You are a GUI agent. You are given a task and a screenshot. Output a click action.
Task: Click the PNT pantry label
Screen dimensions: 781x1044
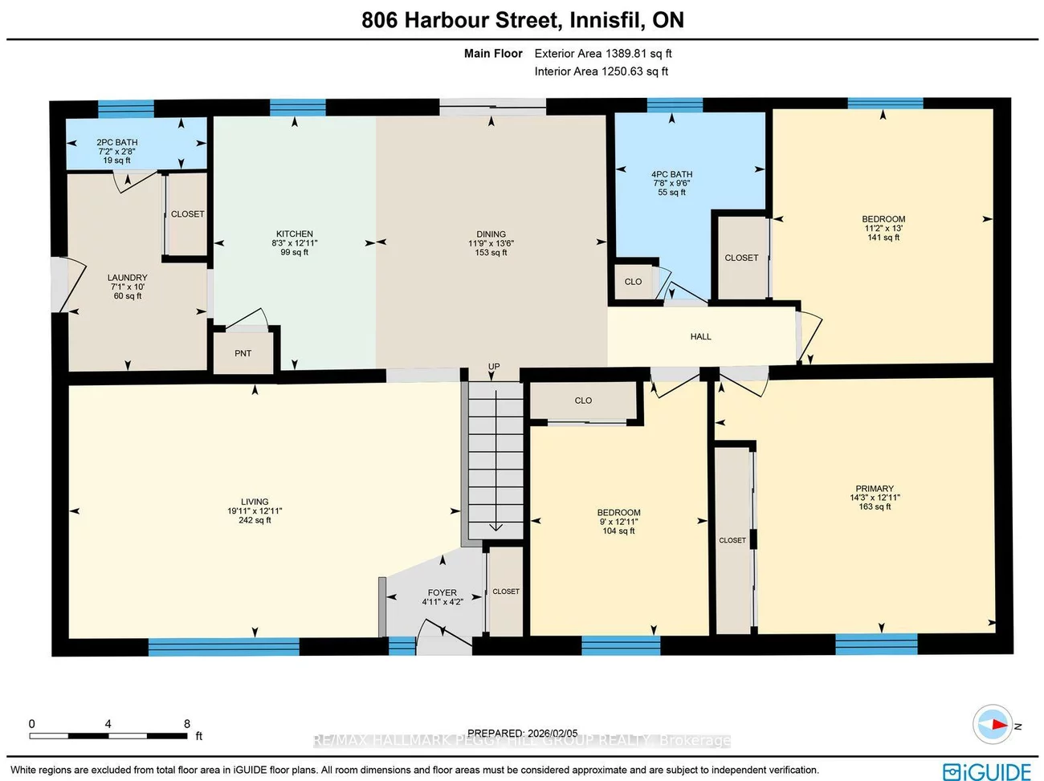(x=243, y=353)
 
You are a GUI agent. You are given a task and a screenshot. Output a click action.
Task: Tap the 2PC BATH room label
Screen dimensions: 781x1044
(x=117, y=142)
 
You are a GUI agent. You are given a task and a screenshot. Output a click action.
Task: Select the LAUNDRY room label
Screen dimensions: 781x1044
(x=128, y=278)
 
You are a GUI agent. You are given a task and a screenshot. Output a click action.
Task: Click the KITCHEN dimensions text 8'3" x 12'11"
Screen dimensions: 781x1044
(x=295, y=243)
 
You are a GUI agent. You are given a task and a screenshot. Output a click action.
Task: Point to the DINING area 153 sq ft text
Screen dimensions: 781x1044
(x=491, y=253)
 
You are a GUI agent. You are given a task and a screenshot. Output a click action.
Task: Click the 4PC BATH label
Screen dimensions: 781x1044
(x=671, y=174)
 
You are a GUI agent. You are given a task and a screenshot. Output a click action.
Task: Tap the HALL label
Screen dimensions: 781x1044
(x=700, y=337)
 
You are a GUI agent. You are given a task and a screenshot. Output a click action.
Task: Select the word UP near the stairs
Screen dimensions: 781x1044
(x=494, y=367)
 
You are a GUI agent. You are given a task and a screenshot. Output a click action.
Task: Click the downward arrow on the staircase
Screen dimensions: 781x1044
(x=495, y=526)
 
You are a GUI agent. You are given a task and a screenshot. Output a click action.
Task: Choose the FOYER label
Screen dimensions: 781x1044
(x=442, y=593)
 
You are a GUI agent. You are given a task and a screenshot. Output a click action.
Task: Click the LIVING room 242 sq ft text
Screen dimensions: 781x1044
(x=255, y=520)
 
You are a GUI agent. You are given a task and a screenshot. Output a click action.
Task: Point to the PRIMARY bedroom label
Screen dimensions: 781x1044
(x=875, y=489)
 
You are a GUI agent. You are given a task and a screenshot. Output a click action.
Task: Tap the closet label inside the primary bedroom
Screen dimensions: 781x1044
(x=732, y=540)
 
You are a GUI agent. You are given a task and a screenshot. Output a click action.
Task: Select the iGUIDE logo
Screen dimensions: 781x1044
(x=987, y=771)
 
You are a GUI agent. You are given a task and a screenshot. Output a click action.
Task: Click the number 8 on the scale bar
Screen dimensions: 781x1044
(x=187, y=724)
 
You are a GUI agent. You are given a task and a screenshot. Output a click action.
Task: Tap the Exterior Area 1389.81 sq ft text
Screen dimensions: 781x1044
(x=603, y=54)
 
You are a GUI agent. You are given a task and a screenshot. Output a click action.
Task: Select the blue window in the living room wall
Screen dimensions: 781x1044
(x=223, y=646)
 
